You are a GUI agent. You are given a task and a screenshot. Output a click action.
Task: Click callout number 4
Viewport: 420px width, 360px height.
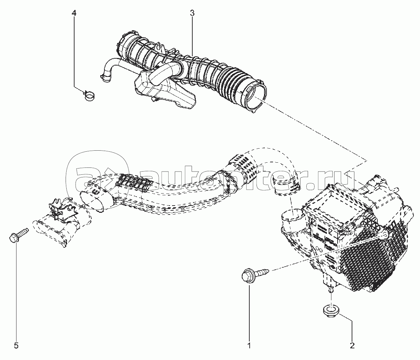[x=74, y=13]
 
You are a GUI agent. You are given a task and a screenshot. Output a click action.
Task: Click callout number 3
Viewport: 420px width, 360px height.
[x=192, y=13]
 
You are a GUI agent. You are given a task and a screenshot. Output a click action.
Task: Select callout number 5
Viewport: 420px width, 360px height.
[x=16, y=345]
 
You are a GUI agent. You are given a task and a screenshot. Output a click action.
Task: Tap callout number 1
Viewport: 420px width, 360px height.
[x=249, y=345]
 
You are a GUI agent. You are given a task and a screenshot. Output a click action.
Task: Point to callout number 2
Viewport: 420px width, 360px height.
[x=353, y=345]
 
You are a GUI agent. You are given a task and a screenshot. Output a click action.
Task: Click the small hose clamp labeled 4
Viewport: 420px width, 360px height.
[x=90, y=96]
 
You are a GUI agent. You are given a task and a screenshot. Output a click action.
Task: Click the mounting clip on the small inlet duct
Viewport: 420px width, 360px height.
[x=61, y=209]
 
